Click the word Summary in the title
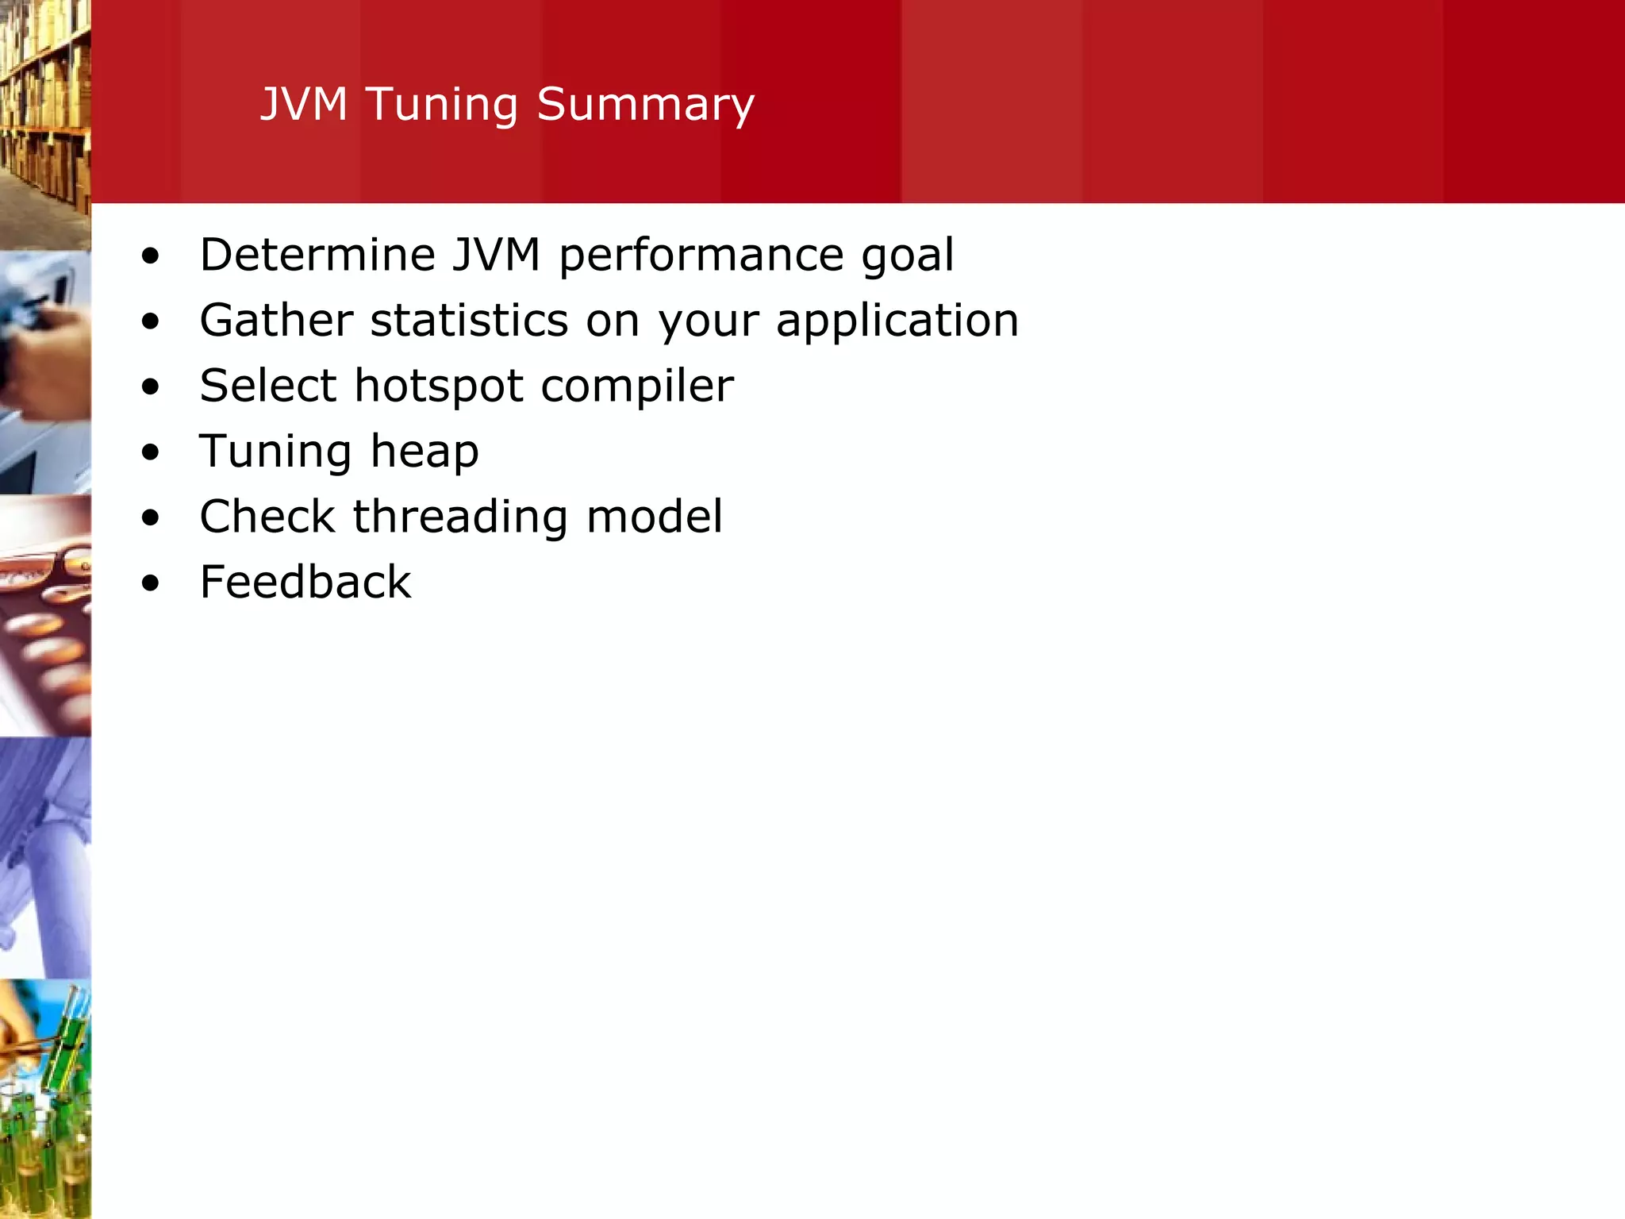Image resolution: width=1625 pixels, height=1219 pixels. point(645,105)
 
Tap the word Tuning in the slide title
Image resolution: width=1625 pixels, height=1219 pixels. point(441,105)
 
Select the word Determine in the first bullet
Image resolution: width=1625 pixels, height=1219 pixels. point(317,255)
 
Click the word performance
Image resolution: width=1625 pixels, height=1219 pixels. point(701,256)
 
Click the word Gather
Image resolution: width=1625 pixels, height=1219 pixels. point(276,321)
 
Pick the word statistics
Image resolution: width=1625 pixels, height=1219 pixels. point(469,321)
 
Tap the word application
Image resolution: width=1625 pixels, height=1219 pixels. point(897,322)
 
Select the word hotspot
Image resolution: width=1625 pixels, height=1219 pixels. point(439,387)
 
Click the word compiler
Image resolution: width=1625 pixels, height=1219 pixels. point(637,387)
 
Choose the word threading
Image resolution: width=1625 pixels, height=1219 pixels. point(460,517)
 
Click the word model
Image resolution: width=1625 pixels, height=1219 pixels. point(654,517)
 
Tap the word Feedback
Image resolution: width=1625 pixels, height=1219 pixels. point(305,582)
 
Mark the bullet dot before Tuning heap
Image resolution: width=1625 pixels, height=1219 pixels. point(150,453)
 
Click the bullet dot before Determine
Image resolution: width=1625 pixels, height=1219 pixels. point(150,256)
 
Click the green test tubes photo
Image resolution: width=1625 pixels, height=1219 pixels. point(45,1099)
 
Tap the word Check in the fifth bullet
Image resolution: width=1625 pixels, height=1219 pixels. point(267,517)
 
